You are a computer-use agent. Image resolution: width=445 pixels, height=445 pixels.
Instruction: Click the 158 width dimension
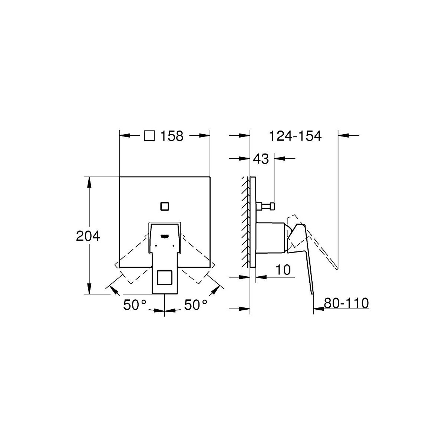tap(172, 136)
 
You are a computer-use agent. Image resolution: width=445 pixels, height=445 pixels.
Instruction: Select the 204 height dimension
tap(88, 236)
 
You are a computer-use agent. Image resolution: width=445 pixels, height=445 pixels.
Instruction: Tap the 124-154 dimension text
tap(295, 136)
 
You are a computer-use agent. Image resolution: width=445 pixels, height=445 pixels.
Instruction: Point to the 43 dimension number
tap(261, 159)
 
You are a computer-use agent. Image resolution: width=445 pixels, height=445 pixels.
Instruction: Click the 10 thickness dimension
tap(283, 270)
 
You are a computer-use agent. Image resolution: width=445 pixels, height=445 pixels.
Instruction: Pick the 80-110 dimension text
tap(346, 303)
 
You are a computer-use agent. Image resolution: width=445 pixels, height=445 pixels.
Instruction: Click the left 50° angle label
tap(135, 304)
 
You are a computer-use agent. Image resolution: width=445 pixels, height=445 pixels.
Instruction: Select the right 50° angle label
tap(195, 304)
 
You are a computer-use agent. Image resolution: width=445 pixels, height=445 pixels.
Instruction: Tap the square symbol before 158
tap(149, 136)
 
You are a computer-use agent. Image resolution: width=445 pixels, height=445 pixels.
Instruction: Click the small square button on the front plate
tap(165, 206)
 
